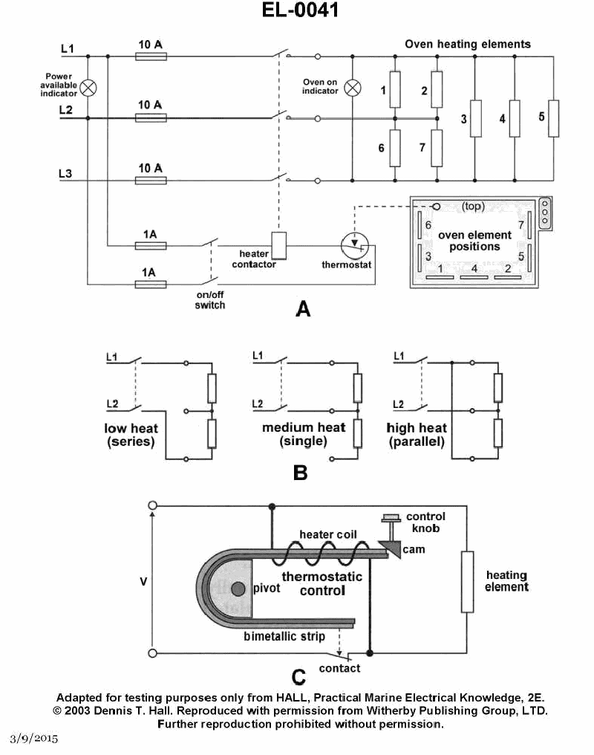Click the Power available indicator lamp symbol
(88, 88)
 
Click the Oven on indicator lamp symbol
(353, 88)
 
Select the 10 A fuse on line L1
(151, 56)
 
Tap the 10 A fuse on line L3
(151, 181)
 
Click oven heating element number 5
(554, 118)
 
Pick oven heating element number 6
(395, 149)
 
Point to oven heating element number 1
(395, 90)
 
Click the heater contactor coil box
(279, 245)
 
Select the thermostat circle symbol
(355, 245)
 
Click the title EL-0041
(300, 10)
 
